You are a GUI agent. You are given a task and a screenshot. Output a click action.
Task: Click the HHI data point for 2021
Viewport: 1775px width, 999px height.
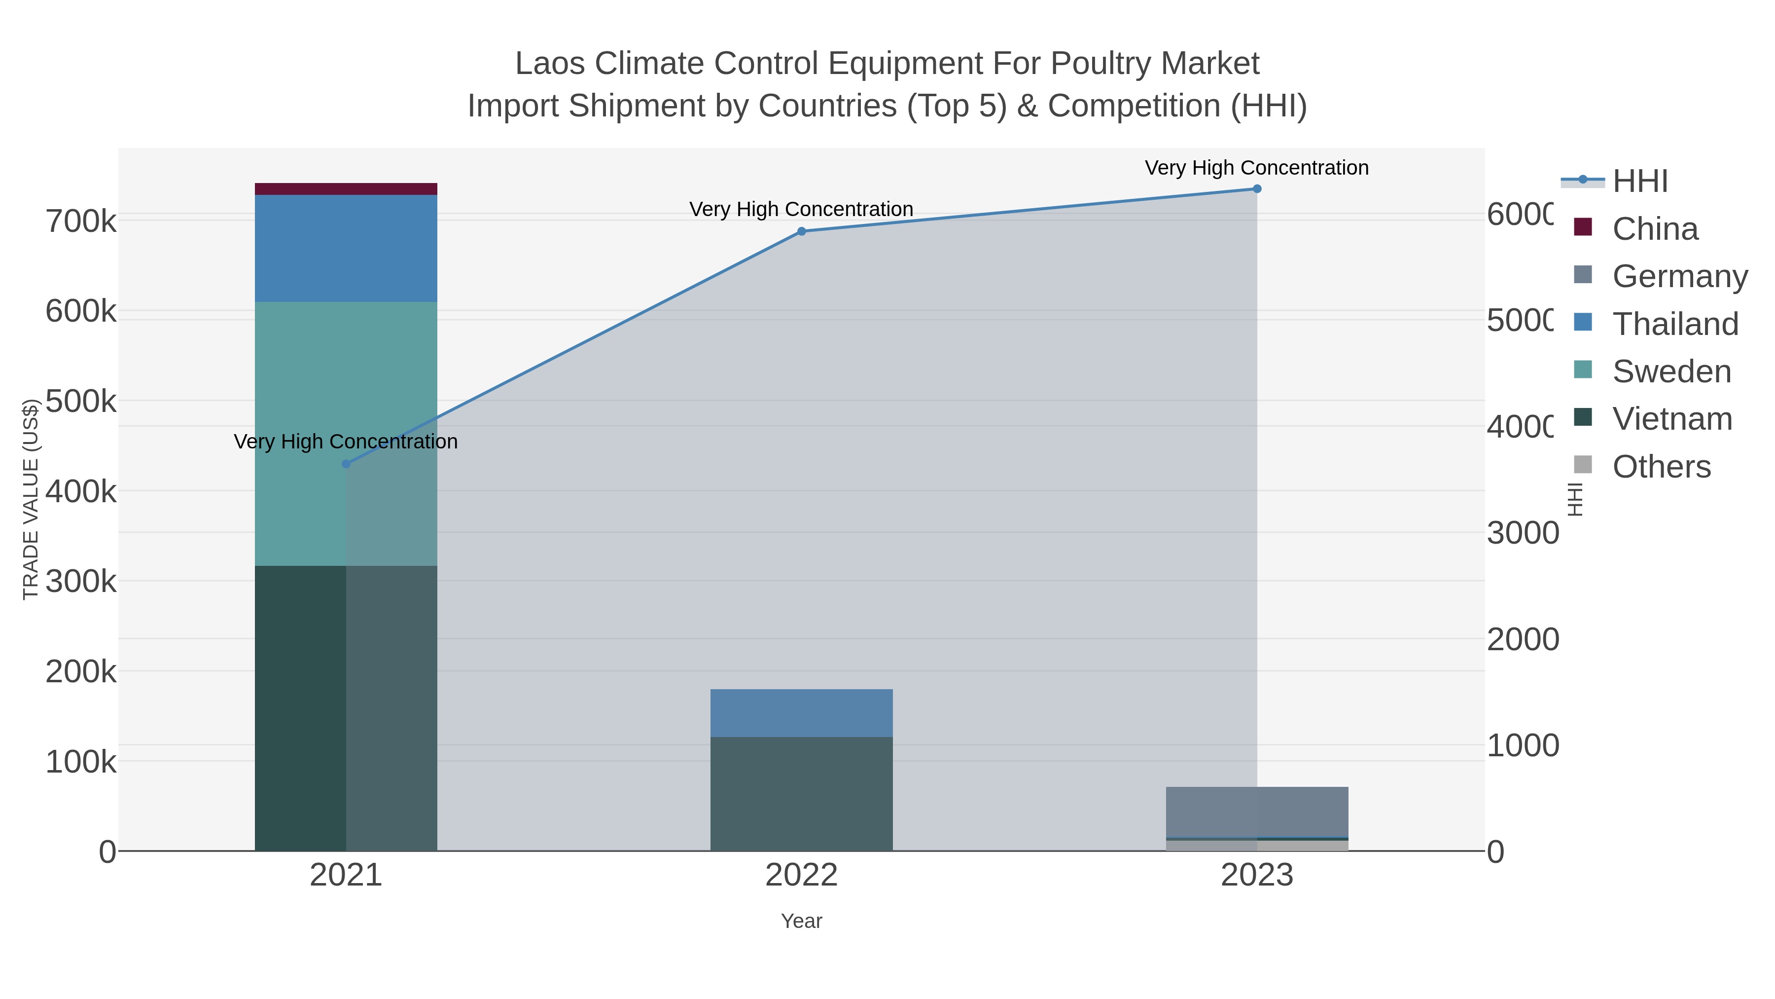pyautogui.click(x=346, y=464)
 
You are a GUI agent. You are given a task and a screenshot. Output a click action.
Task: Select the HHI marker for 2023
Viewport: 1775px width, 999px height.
pyautogui.click(x=1257, y=189)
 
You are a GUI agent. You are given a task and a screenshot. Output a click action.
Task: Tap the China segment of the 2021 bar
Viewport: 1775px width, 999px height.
pyautogui.click(x=346, y=189)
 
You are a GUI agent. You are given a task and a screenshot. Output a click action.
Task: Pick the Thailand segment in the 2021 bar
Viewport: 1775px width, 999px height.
pyautogui.click(x=346, y=248)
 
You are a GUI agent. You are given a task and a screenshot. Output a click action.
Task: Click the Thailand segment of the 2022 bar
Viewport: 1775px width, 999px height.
pyautogui.click(x=801, y=713)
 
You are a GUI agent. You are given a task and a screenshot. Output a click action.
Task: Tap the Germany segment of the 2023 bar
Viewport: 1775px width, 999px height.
pyautogui.click(x=1257, y=812)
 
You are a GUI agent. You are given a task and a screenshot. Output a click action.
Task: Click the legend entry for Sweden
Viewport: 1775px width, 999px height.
pyautogui.click(x=1671, y=371)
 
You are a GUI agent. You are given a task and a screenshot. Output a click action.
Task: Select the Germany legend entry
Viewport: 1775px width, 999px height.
pyautogui.click(x=1679, y=276)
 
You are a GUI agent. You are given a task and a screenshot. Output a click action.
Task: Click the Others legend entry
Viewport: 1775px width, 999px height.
pyautogui.click(x=1661, y=467)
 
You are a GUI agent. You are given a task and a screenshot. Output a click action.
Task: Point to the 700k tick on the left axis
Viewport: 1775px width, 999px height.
pyautogui.click(x=81, y=222)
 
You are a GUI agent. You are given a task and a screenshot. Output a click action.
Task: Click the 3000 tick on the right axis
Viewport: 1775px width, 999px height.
pyautogui.click(x=1522, y=534)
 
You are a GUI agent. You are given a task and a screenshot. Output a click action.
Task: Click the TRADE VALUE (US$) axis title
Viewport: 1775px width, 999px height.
pyautogui.click(x=30, y=499)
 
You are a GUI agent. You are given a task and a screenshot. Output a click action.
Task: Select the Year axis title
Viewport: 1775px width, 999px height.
pyautogui.click(x=801, y=921)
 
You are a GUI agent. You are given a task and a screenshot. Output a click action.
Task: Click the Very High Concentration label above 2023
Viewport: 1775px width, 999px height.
pyautogui.click(x=1256, y=168)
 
